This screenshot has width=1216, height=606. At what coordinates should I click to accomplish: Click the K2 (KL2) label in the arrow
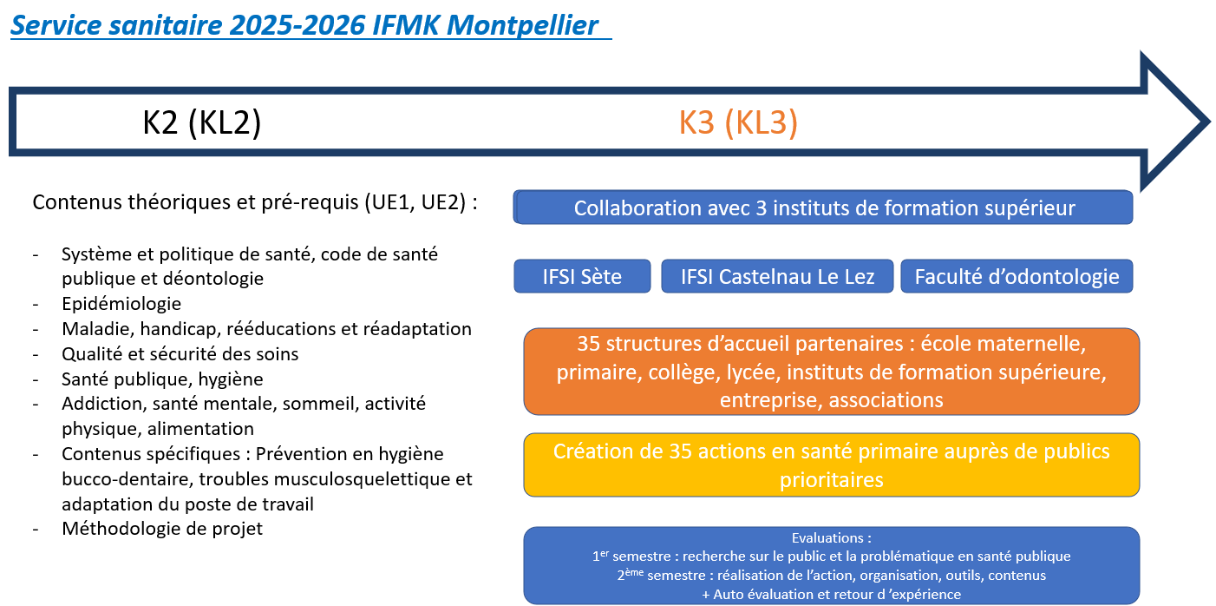coord(202,122)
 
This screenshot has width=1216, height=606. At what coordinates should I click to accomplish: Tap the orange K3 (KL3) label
coord(738,122)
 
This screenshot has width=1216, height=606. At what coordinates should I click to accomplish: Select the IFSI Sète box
coord(582,277)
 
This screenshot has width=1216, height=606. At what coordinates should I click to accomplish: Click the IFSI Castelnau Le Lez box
coord(777,277)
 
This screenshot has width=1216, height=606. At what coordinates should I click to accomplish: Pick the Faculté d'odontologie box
coord(1017,277)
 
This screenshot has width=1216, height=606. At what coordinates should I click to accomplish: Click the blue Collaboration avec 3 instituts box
coord(823,207)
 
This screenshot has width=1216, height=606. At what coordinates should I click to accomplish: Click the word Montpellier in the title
coord(522,25)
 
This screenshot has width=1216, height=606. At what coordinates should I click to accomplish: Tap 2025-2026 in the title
coord(297,25)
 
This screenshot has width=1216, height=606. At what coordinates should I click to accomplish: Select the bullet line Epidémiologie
coord(121,303)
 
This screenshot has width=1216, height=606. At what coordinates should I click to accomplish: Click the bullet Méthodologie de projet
coord(162,528)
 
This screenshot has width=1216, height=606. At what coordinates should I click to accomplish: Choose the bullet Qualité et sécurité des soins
coord(180,354)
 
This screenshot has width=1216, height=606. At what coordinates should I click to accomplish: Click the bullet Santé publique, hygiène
coord(162,379)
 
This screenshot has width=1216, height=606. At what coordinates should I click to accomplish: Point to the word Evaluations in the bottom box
coord(827,538)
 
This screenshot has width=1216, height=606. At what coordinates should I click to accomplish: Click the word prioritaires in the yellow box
coord(832,480)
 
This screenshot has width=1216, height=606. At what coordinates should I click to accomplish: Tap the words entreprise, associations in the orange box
coord(832,400)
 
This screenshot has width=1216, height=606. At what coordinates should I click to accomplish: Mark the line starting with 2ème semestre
coord(832,575)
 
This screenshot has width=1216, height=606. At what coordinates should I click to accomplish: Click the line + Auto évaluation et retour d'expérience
coord(832,594)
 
